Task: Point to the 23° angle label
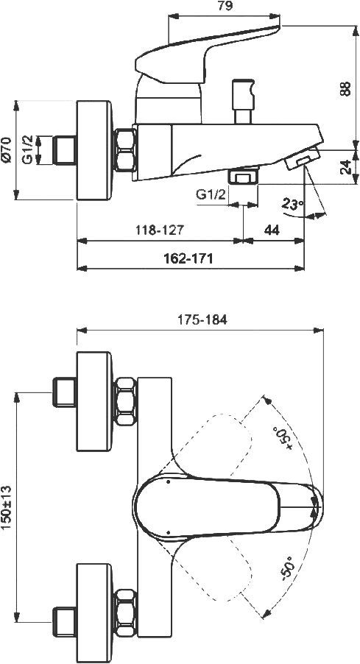pos(292,205)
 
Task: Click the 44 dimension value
pos(271,230)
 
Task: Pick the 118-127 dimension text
pos(159,230)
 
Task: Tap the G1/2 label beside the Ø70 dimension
pos(27,149)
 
